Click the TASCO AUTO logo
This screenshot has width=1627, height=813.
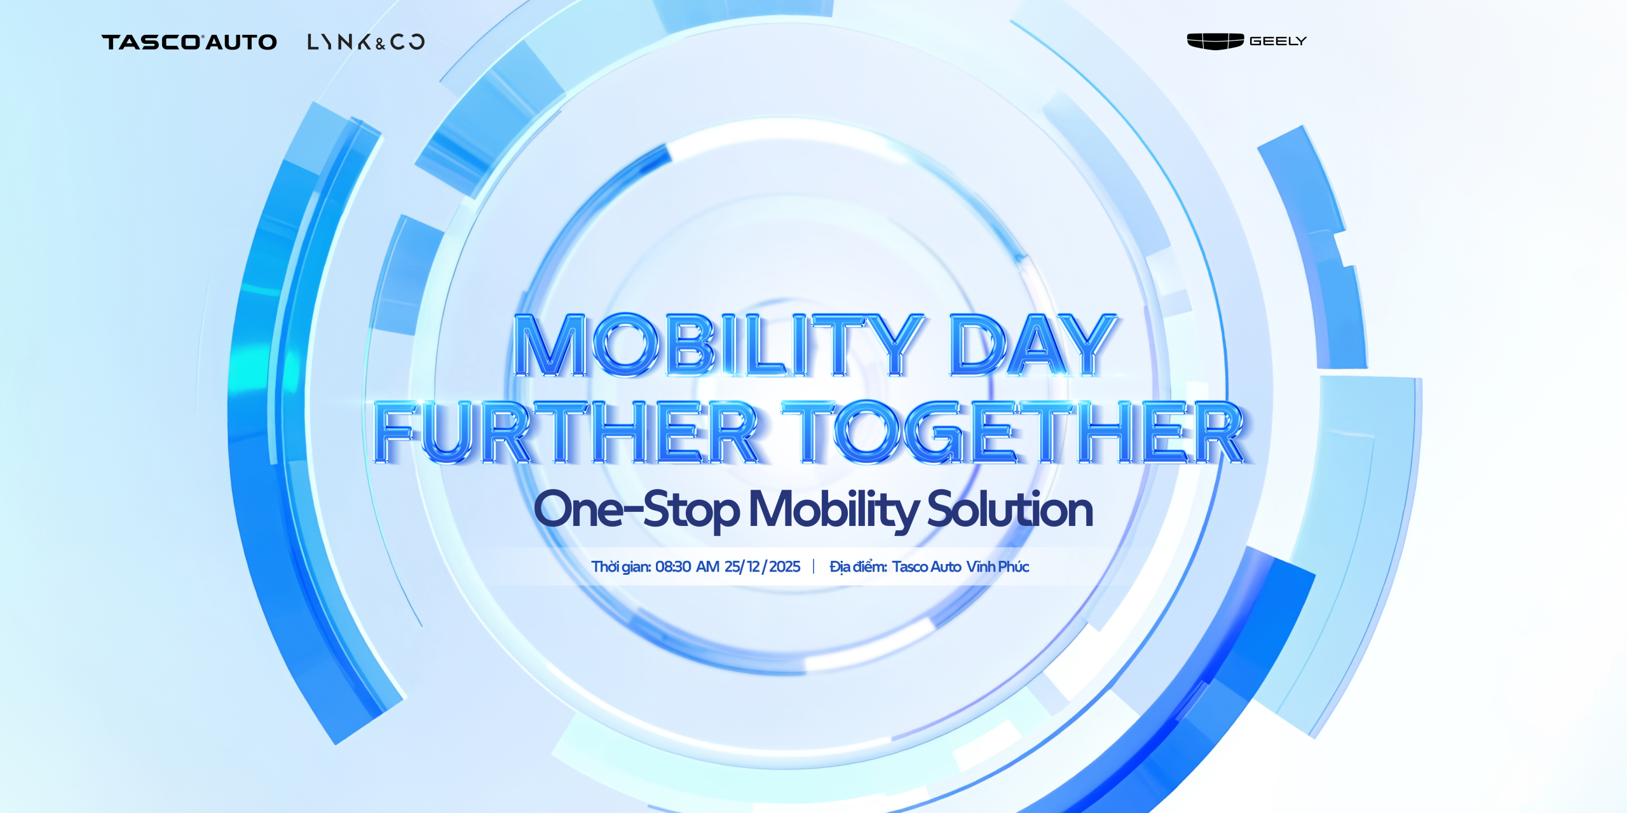pos(189,42)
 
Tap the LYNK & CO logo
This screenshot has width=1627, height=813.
pos(366,42)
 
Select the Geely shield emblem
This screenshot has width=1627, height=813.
pos(1215,41)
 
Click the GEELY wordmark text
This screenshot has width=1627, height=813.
pos(1277,41)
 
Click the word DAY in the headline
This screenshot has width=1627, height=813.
pos(1033,345)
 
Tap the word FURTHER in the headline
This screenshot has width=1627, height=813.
pos(566,432)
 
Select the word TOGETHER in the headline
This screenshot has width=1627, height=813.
pos(1014,432)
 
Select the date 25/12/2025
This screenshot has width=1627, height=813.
pos(762,567)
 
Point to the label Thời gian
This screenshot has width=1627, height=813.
pos(621,567)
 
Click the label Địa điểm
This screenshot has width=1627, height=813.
pos(858,567)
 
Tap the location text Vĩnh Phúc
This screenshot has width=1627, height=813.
pos(997,566)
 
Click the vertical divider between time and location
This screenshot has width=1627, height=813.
pos(813,567)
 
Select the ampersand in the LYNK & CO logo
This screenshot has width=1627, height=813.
pos(380,44)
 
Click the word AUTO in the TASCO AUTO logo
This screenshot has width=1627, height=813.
pos(242,43)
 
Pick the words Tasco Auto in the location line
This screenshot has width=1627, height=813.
pos(926,567)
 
